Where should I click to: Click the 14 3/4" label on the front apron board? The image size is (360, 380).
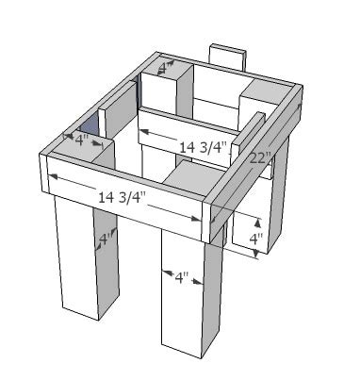[x=123, y=198]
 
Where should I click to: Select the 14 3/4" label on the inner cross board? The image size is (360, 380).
[x=203, y=147]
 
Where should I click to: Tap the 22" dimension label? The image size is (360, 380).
[x=260, y=158]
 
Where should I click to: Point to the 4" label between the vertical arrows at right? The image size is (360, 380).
[x=256, y=240]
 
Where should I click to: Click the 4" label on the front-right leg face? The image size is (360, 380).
[x=182, y=277]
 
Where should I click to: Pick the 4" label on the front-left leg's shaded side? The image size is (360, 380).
[x=106, y=240]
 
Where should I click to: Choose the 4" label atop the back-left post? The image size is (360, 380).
[x=165, y=68]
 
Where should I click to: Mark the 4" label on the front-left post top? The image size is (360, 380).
[x=81, y=140]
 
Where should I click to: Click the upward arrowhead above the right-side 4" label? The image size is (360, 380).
[x=257, y=223]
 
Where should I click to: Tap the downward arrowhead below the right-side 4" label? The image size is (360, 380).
[x=257, y=254]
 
